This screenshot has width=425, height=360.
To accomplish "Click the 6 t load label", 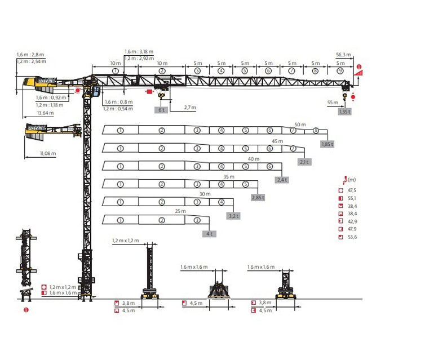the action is pyautogui.click(x=161, y=110).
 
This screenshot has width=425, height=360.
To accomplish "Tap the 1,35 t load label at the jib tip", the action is pyautogui.click(x=345, y=112).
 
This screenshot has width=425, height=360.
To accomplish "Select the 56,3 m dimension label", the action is pyautogui.click(x=343, y=55).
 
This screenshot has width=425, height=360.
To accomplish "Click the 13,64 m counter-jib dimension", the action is pyautogui.click(x=46, y=113).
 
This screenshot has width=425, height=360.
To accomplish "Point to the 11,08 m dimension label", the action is pyautogui.click(x=48, y=153).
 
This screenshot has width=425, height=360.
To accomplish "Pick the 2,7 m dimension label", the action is pyautogui.click(x=190, y=108).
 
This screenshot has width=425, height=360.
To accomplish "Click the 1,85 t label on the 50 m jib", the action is pyautogui.click(x=327, y=144).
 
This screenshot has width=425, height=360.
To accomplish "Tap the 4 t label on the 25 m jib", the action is pyautogui.click(x=210, y=234).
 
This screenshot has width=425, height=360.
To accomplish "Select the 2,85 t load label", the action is pyautogui.click(x=258, y=198).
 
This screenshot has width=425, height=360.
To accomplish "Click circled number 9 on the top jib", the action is pyautogui.click(x=340, y=71).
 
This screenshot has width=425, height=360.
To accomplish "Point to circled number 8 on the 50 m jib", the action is pyautogui.click(x=316, y=131).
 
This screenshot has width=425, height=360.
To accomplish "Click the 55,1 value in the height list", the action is pyautogui.click(x=352, y=198).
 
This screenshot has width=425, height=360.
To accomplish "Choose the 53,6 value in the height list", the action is pyautogui.click(x=352, y=237).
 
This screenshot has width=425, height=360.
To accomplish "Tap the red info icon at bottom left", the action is pyautogui.click(x=26, y=310).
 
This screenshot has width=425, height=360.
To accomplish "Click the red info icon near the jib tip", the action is pyautogui.click(x=359, y=66).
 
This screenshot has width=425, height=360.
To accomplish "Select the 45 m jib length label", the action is pyautogui.click(x=277, y=141).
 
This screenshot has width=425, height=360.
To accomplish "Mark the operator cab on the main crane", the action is pyautogui.click(x=96, y=91).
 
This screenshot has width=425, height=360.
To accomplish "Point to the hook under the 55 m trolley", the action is pyautogui.click(x=345, y=97).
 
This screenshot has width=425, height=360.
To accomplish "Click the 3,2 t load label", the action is pyautogui.click(x=233, y=216).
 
